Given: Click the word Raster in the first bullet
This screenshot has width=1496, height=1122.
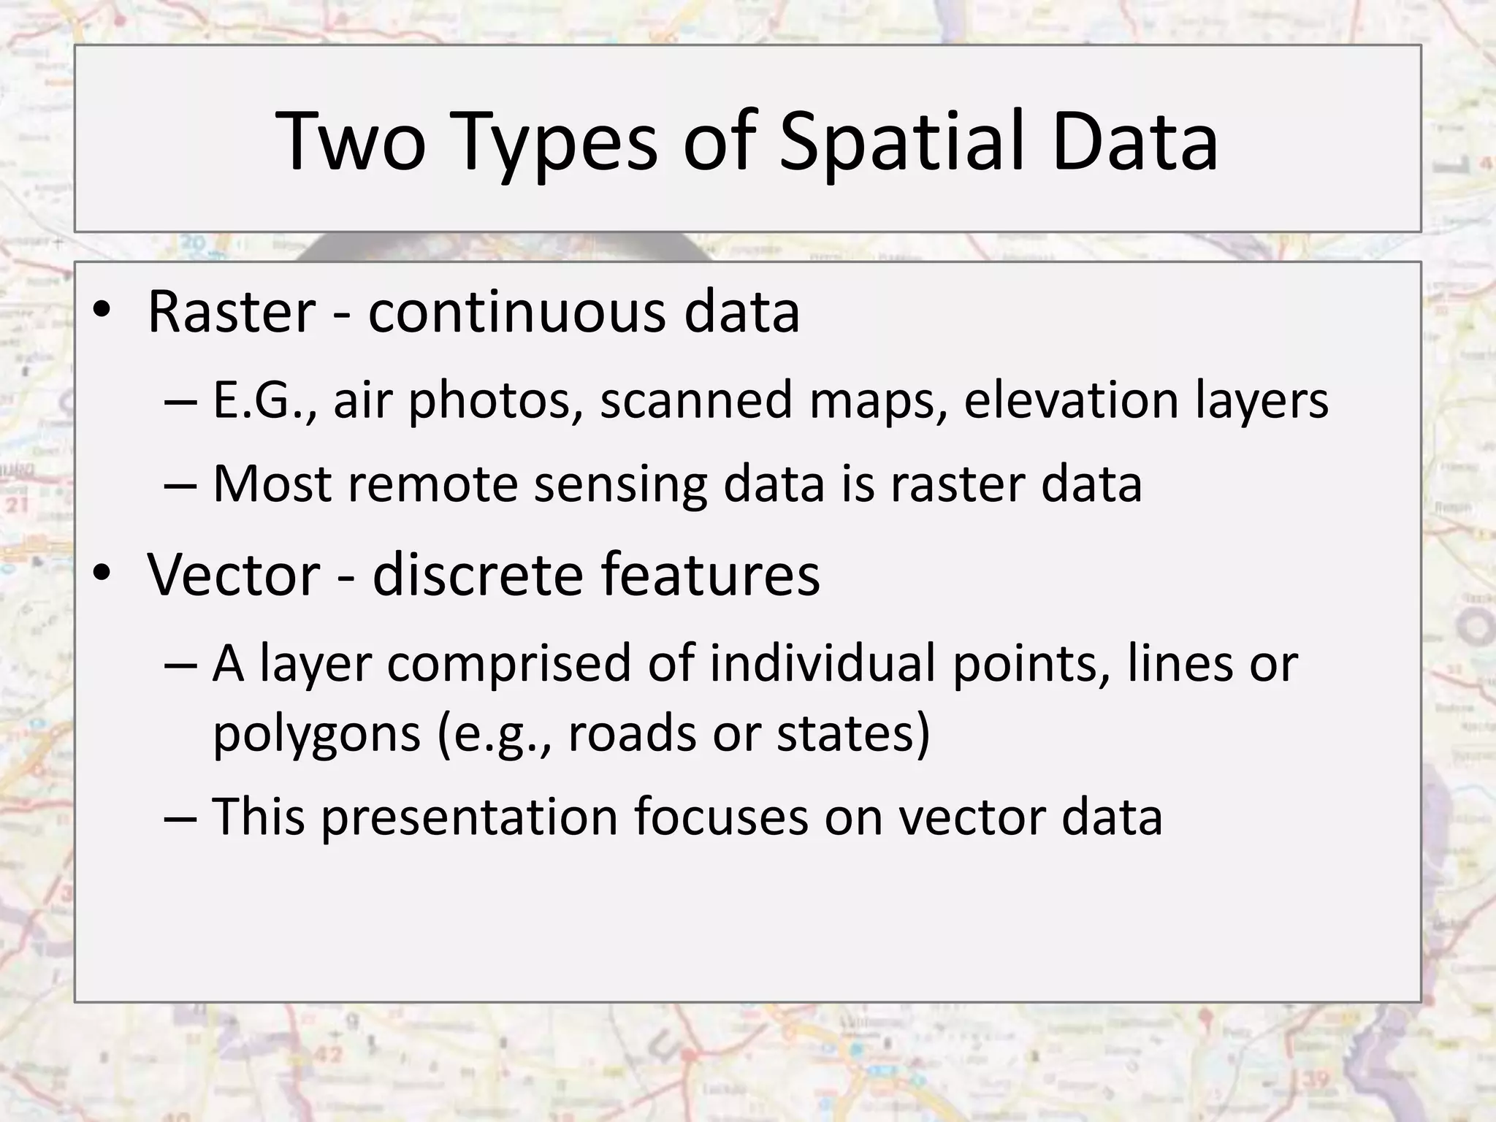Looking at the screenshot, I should coord(232,312).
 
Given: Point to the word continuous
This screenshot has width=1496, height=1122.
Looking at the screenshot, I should coord(517,312).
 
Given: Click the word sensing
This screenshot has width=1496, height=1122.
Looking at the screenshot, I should coord(620,485).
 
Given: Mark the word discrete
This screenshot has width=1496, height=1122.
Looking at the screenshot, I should coord(478,574).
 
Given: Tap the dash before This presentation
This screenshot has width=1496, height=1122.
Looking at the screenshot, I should coord(180,817).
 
